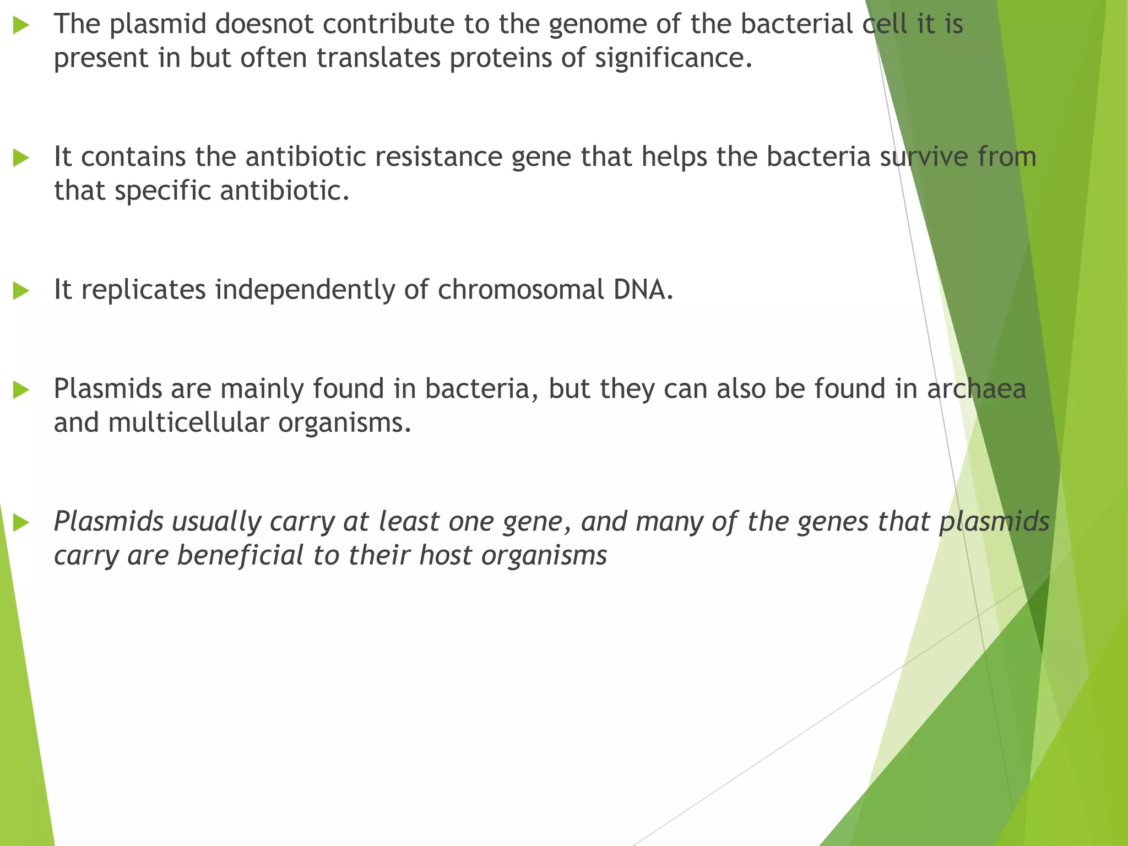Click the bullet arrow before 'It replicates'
point(21,291)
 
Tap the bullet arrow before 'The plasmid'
point(21,25)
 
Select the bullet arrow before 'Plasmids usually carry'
point(21,522)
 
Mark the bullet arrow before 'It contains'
point(21,158)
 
